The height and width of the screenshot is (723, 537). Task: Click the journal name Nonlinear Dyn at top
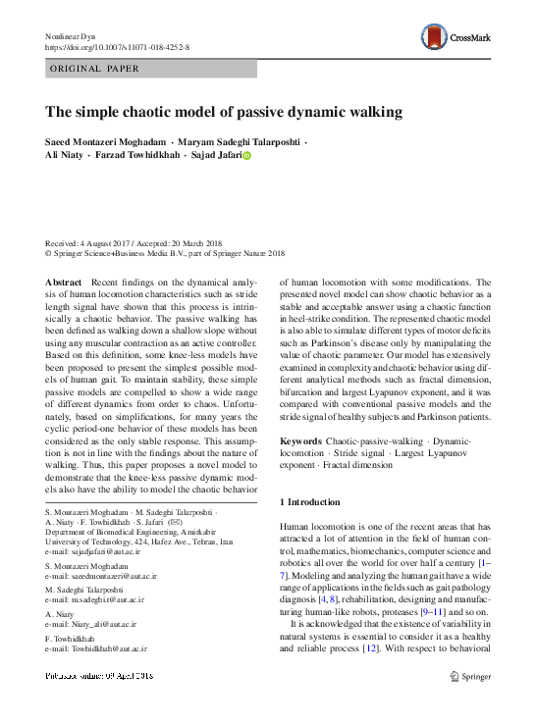coord(74,36)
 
